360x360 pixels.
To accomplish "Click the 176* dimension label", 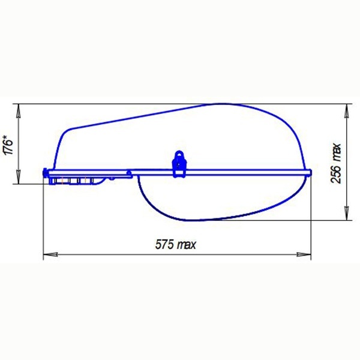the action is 8,145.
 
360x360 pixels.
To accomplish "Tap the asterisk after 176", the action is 8,137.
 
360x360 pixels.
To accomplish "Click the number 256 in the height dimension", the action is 336,174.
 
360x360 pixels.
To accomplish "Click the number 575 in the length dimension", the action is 164,244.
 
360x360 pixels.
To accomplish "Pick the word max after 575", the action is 187,245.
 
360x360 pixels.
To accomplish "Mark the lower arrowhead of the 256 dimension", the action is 347,213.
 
